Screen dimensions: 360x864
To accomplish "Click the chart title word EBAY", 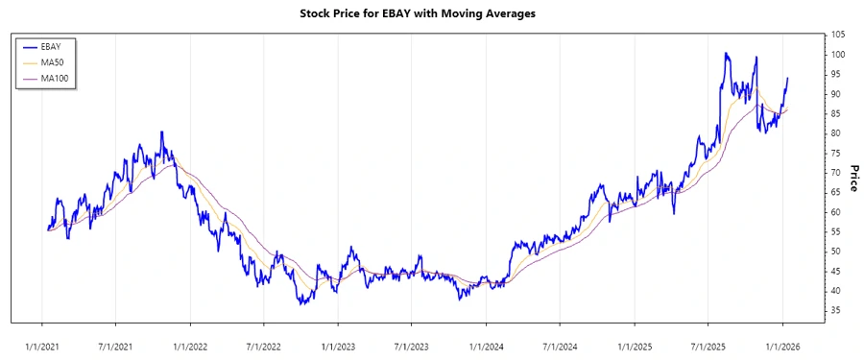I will [422, 14].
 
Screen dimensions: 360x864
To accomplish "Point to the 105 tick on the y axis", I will [838, 35].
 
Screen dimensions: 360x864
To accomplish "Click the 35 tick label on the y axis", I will [835, 310].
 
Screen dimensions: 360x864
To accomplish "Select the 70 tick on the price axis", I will [835, 173].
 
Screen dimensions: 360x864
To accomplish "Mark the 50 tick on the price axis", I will [835, 252].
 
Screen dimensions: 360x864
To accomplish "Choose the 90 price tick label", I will [835, 94].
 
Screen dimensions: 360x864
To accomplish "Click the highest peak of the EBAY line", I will [727, 54].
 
